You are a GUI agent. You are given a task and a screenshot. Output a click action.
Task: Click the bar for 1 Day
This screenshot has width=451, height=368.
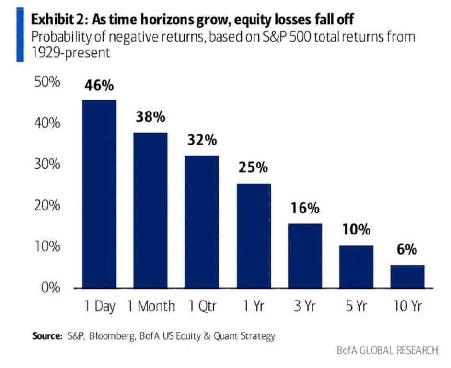[x=99, y=194]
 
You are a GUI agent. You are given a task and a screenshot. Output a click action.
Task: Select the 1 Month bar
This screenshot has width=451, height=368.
[x=150, y=211]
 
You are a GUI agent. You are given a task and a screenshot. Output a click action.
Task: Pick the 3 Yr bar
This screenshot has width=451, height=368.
[x=304, y=256]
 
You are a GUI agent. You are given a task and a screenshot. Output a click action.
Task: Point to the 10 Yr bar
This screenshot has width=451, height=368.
[x=407, y=276]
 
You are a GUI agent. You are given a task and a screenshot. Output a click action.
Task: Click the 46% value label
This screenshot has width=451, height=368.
[x=99, y=86]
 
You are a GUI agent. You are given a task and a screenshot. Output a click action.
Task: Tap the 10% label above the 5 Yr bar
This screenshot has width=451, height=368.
[x=356, y=230]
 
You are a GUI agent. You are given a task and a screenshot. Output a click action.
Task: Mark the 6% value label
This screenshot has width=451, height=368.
[x=407, y=250]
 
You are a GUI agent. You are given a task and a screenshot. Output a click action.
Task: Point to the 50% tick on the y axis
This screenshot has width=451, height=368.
[x=47, y=82]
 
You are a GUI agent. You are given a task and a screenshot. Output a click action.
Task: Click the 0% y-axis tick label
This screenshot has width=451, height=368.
[x=49, y=288]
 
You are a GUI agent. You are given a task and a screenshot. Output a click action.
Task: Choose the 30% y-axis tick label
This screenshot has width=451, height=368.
[x=47, y=165]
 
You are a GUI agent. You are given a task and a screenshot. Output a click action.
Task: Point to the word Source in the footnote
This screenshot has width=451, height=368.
[x=46, y=336]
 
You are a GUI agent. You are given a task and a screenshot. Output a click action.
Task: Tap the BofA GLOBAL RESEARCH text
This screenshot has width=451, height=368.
[x=387, y=350]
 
